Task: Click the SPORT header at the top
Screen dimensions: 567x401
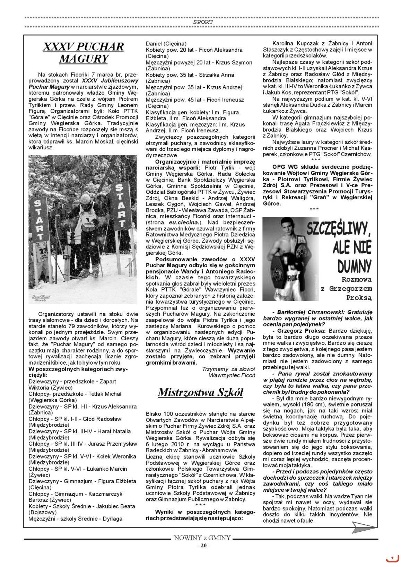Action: point(203,22)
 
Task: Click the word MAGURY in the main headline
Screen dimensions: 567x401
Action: point(84,59)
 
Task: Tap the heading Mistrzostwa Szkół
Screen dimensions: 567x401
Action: point(200,392)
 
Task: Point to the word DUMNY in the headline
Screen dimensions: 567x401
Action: point(354,266)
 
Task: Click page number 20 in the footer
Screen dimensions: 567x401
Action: point(203,546)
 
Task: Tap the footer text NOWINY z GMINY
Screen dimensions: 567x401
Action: point(202,538)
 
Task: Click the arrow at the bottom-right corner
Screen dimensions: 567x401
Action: point(363,527)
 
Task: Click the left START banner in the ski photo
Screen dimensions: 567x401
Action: point(38,220)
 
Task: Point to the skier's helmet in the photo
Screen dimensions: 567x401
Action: point(85,199)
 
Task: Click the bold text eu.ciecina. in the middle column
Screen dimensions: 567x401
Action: point(184,222)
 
